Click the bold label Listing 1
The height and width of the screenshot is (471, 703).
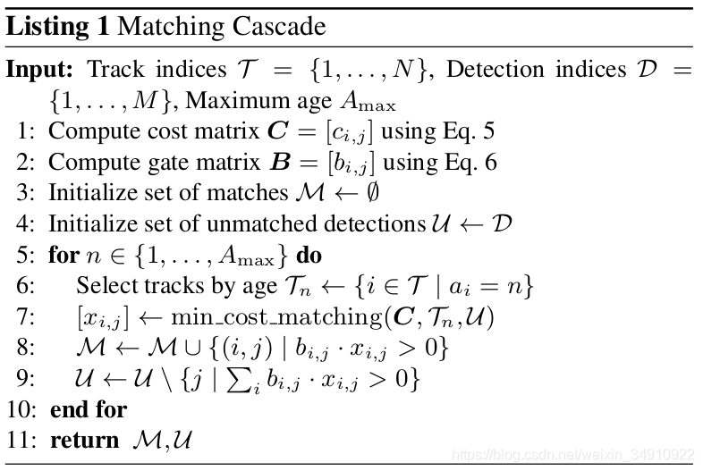pyautogui.click(x=58, y=26)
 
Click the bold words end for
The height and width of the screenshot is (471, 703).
pyautogui.click(x=89, y=409)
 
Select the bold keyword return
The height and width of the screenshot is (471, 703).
pyautogui.click(x=84, y=440)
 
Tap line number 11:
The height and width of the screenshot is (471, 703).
pyautogui.click(x=24, y=440)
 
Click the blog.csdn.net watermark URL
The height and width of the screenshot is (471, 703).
pyautogui.click(x=572, y=455)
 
